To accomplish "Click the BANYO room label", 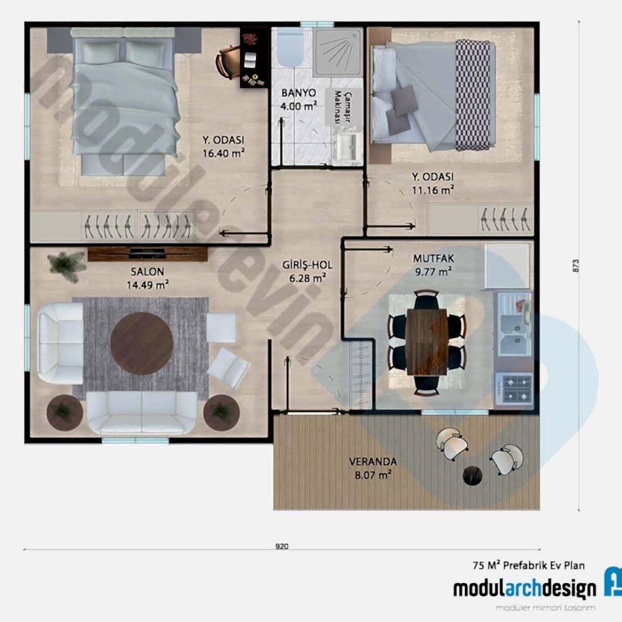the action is (x=299, y=93).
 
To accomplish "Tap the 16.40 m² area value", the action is (x=223, y=153).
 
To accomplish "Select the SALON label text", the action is (x=147, y=272).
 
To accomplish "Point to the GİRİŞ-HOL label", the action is (x=307, y=265).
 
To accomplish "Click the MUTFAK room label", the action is (x=433, y=259).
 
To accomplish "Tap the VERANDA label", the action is (x=373, y=462).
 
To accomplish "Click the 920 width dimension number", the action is (x=282, y=546).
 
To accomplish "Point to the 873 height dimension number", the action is (x=575, y=266).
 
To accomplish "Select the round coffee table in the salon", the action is (x=142, y=343).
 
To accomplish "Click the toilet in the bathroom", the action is (x=290, y=47).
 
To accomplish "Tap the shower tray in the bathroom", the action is (x=338, y=52).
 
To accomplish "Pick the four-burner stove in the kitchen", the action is (x=514, y=389).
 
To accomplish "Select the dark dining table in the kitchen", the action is (x=427, y=342).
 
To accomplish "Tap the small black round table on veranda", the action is (x=473, y=475).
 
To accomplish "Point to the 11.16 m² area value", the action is (x=433, y=190).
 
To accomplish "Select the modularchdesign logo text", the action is (x=524, y=589).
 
